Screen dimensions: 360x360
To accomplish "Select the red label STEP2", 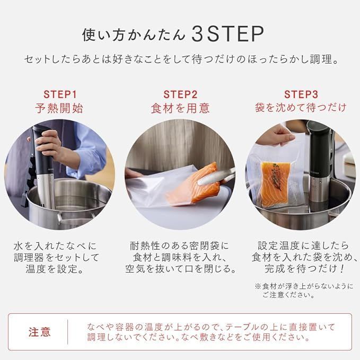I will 180,94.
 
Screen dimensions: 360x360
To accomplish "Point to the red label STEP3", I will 301,94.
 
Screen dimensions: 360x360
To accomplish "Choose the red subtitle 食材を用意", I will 180,109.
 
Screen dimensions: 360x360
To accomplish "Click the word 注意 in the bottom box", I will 40,332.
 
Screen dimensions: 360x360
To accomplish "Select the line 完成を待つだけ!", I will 300,269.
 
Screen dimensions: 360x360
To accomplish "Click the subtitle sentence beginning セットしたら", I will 180,59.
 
